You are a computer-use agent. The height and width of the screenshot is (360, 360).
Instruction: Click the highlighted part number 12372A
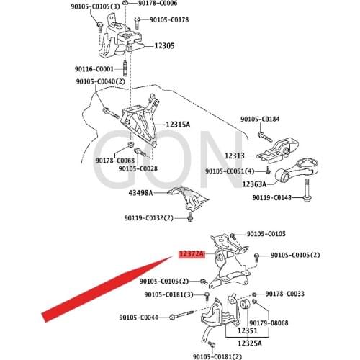point(192,254)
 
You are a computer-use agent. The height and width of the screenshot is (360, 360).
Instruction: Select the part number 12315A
point(177,125)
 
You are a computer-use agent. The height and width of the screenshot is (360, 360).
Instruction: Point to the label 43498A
point(143,193)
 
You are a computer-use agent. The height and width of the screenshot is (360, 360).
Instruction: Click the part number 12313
point(234,156)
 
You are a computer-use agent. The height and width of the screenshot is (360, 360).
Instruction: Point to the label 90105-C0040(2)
point(101,81)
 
